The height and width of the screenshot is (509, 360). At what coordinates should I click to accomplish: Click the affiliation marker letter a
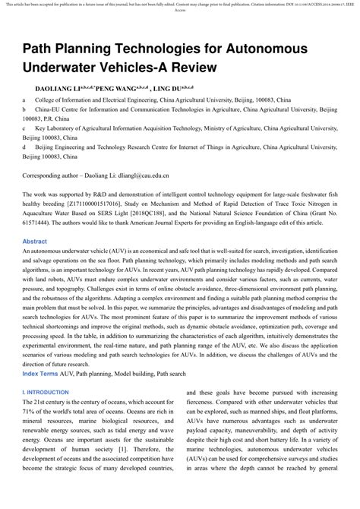pyautogui.click(x=24, y=100)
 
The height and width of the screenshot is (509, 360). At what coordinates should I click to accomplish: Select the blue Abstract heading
pyautogui.click(x=35, y=241)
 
